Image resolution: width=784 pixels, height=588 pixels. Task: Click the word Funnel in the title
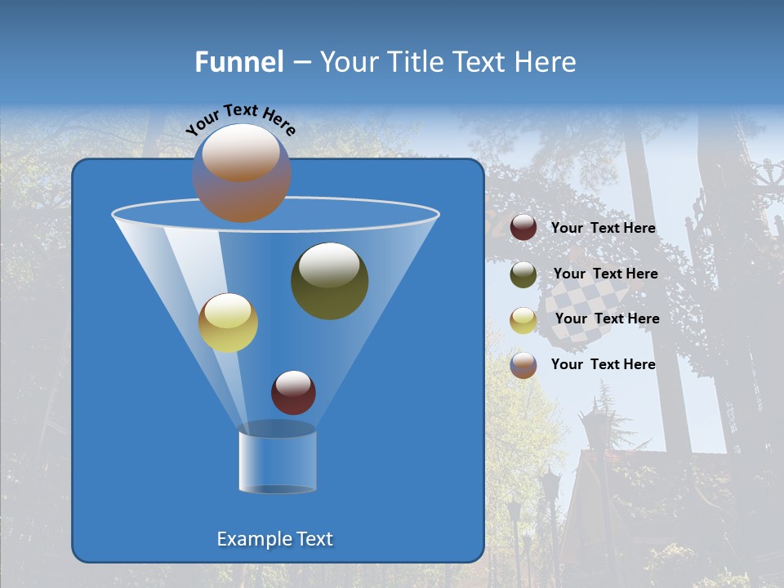pos(238,62)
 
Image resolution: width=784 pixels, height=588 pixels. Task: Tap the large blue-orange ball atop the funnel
pos(241,173)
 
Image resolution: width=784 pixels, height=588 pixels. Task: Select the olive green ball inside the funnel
pos(329,280)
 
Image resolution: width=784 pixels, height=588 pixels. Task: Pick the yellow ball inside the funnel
pos(228,323)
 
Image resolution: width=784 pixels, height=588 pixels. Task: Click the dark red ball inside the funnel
pos(293,392)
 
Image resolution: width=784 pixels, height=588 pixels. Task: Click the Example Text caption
pos(274,539)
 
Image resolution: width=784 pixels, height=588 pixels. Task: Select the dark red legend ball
pos(523,228)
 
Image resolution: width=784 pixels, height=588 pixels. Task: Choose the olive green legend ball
pos(523,274)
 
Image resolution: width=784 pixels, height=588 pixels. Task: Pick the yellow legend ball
pos(523,320)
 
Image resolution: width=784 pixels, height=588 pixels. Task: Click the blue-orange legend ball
pos(523,365)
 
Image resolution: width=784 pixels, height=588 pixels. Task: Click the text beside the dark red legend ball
pos(603,229)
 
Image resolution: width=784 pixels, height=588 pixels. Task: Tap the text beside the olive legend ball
pos(605,274)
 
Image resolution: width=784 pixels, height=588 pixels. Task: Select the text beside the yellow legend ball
pos(607,319)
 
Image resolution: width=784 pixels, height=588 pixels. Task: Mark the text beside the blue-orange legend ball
pos(603,364)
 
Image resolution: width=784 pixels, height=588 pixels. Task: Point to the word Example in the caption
pos(253,539)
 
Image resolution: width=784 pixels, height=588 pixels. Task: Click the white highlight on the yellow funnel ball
pos(227,310)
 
